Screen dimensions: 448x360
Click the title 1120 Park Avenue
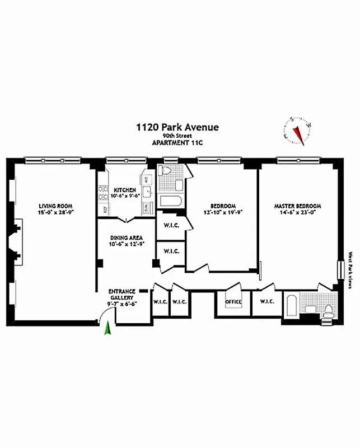tap(177, 128)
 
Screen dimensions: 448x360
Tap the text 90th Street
tap(177, 136)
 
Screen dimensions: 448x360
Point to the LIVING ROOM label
tap(55, 206)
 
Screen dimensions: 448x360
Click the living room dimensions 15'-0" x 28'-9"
tap(55, 212)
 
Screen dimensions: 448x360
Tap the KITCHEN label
tap(124, 190)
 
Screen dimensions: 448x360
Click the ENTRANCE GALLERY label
tap(121, 295)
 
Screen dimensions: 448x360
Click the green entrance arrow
tap(108, 330)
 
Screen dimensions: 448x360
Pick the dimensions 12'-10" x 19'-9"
tap(223, 212)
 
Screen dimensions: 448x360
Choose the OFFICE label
tap(233, 302)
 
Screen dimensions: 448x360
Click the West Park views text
tap(350, 270)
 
